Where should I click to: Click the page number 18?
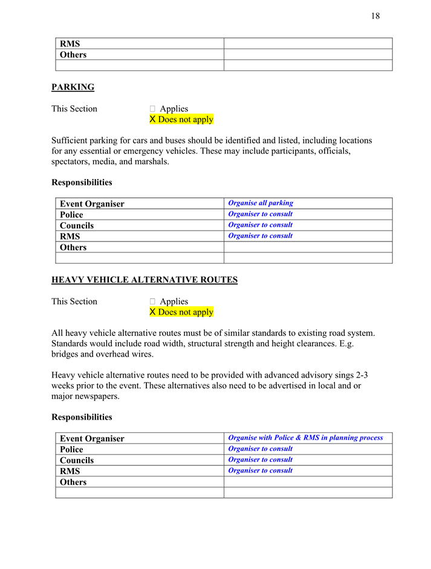click(x=375, y=16)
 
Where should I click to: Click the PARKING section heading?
click(x=73, y=87)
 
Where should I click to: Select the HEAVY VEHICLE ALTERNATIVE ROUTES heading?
click(x=144, y=280)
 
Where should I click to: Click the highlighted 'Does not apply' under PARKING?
click(x=181, y=119)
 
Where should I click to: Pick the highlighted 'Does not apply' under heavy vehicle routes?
click(x=181, y=312)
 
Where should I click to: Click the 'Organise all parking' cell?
click(x=261, y=203)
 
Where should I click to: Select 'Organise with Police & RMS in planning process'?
click(x=305, y=438)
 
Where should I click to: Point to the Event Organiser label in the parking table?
click(x=92, y=204)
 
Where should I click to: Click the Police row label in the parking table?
click(x=71, y=215)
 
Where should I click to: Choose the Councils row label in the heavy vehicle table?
click(x=77, y=461)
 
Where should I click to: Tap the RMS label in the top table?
click(x=70, y=44)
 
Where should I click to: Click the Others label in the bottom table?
click(x=73, y=482)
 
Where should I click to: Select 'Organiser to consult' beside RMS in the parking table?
click(x=261, y=236)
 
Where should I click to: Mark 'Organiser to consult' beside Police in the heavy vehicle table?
click(x=261, y=449)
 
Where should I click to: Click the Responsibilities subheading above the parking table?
click(x=82, y=182)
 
